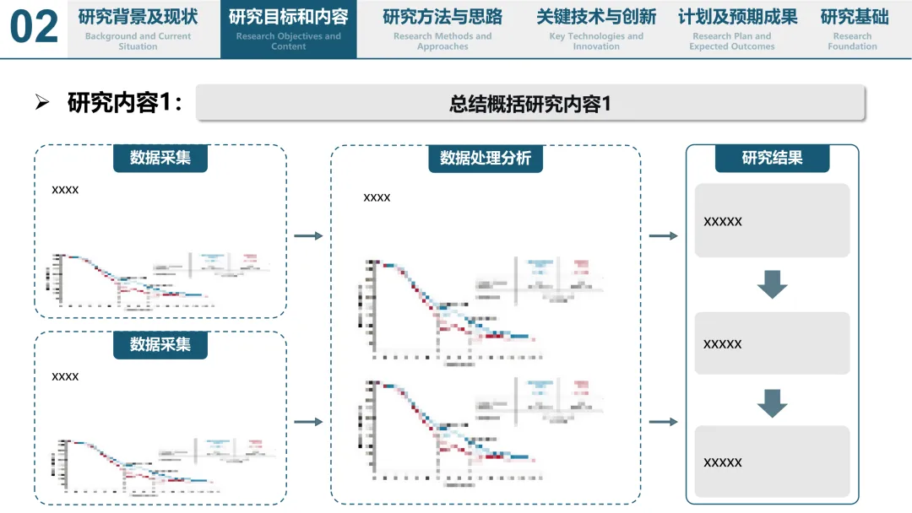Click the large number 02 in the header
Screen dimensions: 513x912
(x=34, y=28)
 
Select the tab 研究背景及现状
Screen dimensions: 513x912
(x=138, y=29)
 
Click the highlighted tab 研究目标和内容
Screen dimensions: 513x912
(x=288, y=29)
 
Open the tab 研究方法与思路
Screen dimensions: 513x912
(x=442, y=29)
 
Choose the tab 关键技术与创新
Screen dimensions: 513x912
(x=595, y=29)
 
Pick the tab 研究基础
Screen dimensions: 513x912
(x=853, y=29)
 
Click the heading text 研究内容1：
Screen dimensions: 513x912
(x=125, y=103)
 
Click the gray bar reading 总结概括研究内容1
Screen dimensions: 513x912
(x=530, y=103)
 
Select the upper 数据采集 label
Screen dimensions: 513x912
(x=160, y=158)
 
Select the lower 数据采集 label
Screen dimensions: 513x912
(x=160, y=344)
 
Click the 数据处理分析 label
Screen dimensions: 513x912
(x=486, y=158)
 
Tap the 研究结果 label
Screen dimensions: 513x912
(x=772, y=158)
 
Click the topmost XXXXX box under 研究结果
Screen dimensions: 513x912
(x=772, y=221)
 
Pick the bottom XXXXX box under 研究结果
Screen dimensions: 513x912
(x=772, y=462)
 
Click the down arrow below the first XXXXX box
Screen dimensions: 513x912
(x=772, y=284)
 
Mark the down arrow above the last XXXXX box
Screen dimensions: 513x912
(x=772, y=403)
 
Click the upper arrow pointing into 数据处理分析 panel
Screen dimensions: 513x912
(x=308, y=236)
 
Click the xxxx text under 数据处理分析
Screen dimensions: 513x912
(x=377, y=197)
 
